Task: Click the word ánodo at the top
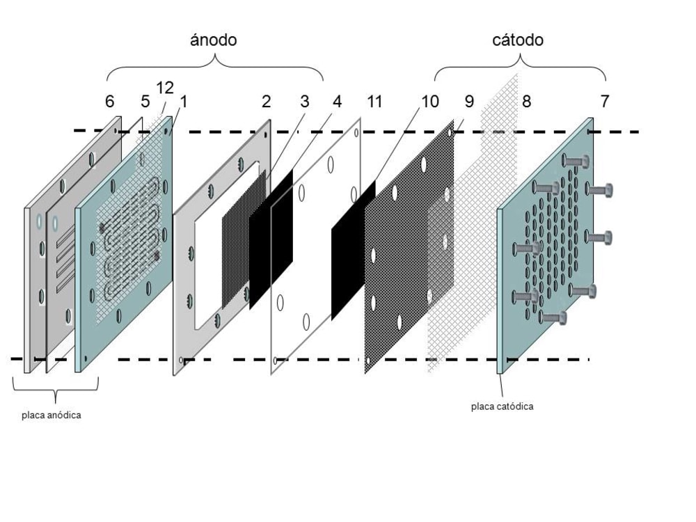[214, 40]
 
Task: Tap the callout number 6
[110, 102]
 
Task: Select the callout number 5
[145, 102]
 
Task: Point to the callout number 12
[165, 88]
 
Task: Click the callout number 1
[184, 102]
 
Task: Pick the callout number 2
[266, 102]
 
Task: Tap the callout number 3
[304, 102]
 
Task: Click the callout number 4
[337, 102]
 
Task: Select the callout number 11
[374, 102]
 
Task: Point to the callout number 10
[429, 102]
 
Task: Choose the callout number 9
[469, 102]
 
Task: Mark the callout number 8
[526, 102]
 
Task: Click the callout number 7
[605, 102]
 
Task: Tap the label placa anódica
[50, 416]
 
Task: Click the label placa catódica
[502, 406]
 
